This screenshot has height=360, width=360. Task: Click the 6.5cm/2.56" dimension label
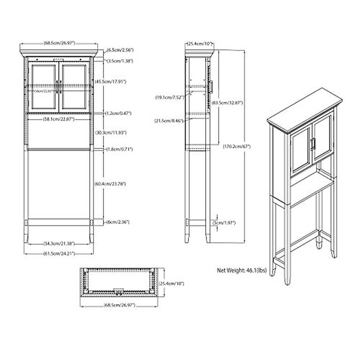click(120, 49)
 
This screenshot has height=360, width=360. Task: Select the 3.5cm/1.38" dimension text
click(120, 61)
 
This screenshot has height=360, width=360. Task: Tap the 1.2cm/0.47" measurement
click(118, 113)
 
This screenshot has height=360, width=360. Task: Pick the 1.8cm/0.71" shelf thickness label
click(118, 149)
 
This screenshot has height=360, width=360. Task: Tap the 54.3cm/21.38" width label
click(57, 243)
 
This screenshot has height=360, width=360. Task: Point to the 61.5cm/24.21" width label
click(57, 253)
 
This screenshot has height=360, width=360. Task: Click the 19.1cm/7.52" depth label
click(169, 97)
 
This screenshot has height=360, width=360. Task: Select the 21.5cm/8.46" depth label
click(169, 121)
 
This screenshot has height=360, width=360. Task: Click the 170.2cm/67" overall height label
click(237, 147)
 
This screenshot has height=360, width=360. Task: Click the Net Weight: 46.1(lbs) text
click(242, 270)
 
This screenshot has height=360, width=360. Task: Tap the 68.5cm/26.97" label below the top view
click(119, 305)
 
